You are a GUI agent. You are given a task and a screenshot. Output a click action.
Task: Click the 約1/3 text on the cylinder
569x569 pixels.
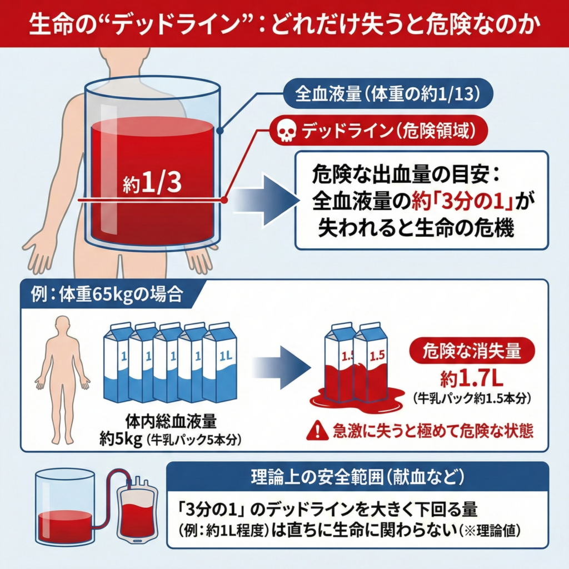(x=151, y=184)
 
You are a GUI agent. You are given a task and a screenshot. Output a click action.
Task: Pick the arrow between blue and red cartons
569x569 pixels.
(x=281, y=367)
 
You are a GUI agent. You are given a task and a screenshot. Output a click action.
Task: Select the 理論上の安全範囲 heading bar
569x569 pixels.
(x=358, y=476)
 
